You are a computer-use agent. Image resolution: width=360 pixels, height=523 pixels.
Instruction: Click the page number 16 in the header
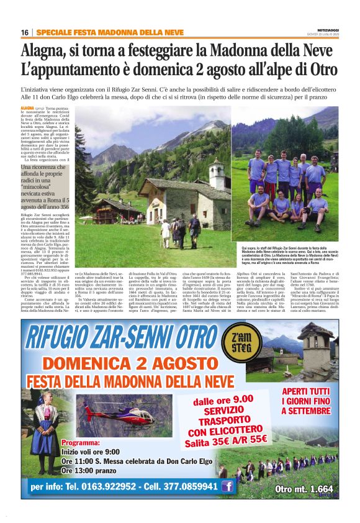[x=25, y=32]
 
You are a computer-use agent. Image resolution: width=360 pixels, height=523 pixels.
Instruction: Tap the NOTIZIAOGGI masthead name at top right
[x=321, y=29]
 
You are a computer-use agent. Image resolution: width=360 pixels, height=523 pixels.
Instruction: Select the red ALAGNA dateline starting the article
[x=28, y=108]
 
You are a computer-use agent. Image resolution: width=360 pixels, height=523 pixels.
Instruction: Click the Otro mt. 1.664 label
[x=304, y=489]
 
